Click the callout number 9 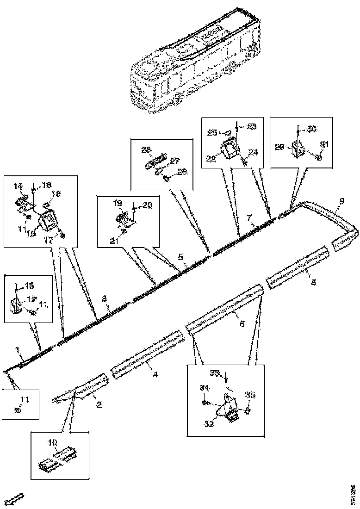[341, 201]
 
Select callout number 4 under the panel [155, 374]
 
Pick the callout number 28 [146, 149]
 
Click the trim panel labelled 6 [224, 310]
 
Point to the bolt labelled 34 [205, 403]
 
